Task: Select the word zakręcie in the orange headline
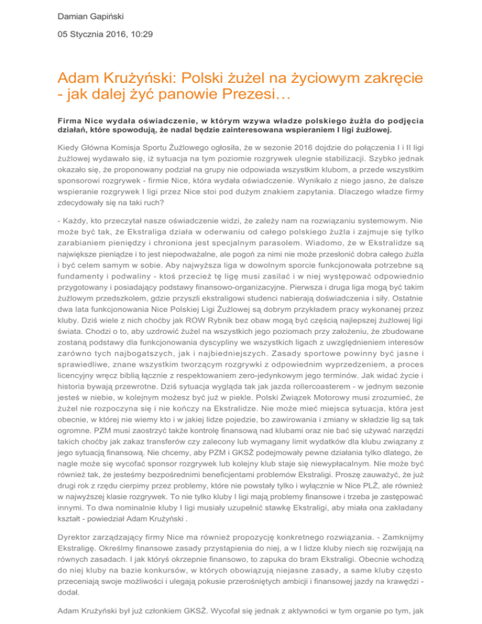[367, 80]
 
